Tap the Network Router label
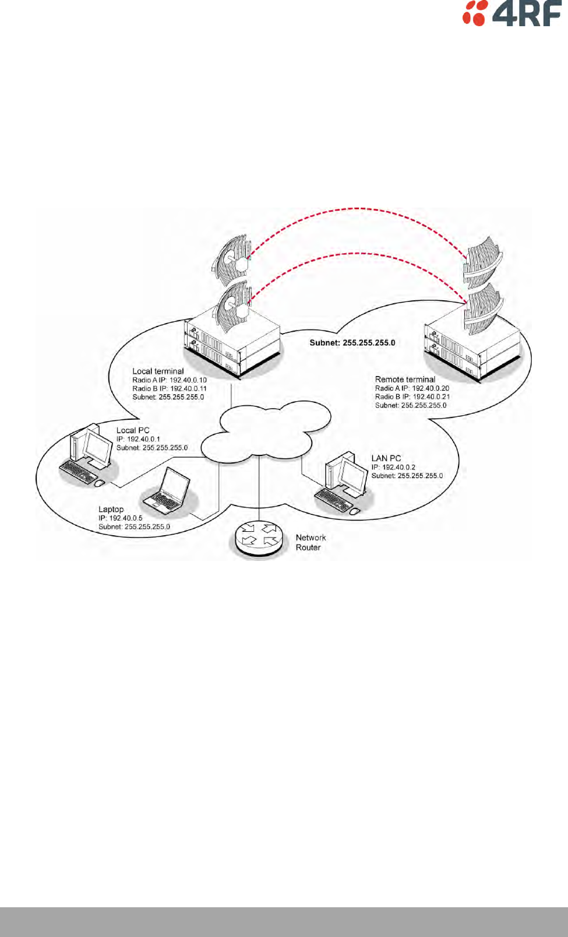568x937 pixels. pyautogui.click(x=311, y=542)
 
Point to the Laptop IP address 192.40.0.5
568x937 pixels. pyautogui.click(x=121, y=518)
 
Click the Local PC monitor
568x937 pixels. pyautogui.click(x=97, y=447)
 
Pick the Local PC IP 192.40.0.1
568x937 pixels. pyautogui.click(x=138, y=439)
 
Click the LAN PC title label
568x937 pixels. pyautogui.click(x=386, y=458)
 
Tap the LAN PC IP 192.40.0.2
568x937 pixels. pyautogui.click(x=393, y=467)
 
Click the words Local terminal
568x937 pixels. pyautogui.click(x=158, y=371)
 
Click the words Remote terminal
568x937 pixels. pyautogui.click(x=405, y=379)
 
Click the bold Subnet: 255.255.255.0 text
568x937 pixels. pyautogui.click(x=352, y=343)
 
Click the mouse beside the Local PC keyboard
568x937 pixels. pyautogui.click(x=99, y=483)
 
